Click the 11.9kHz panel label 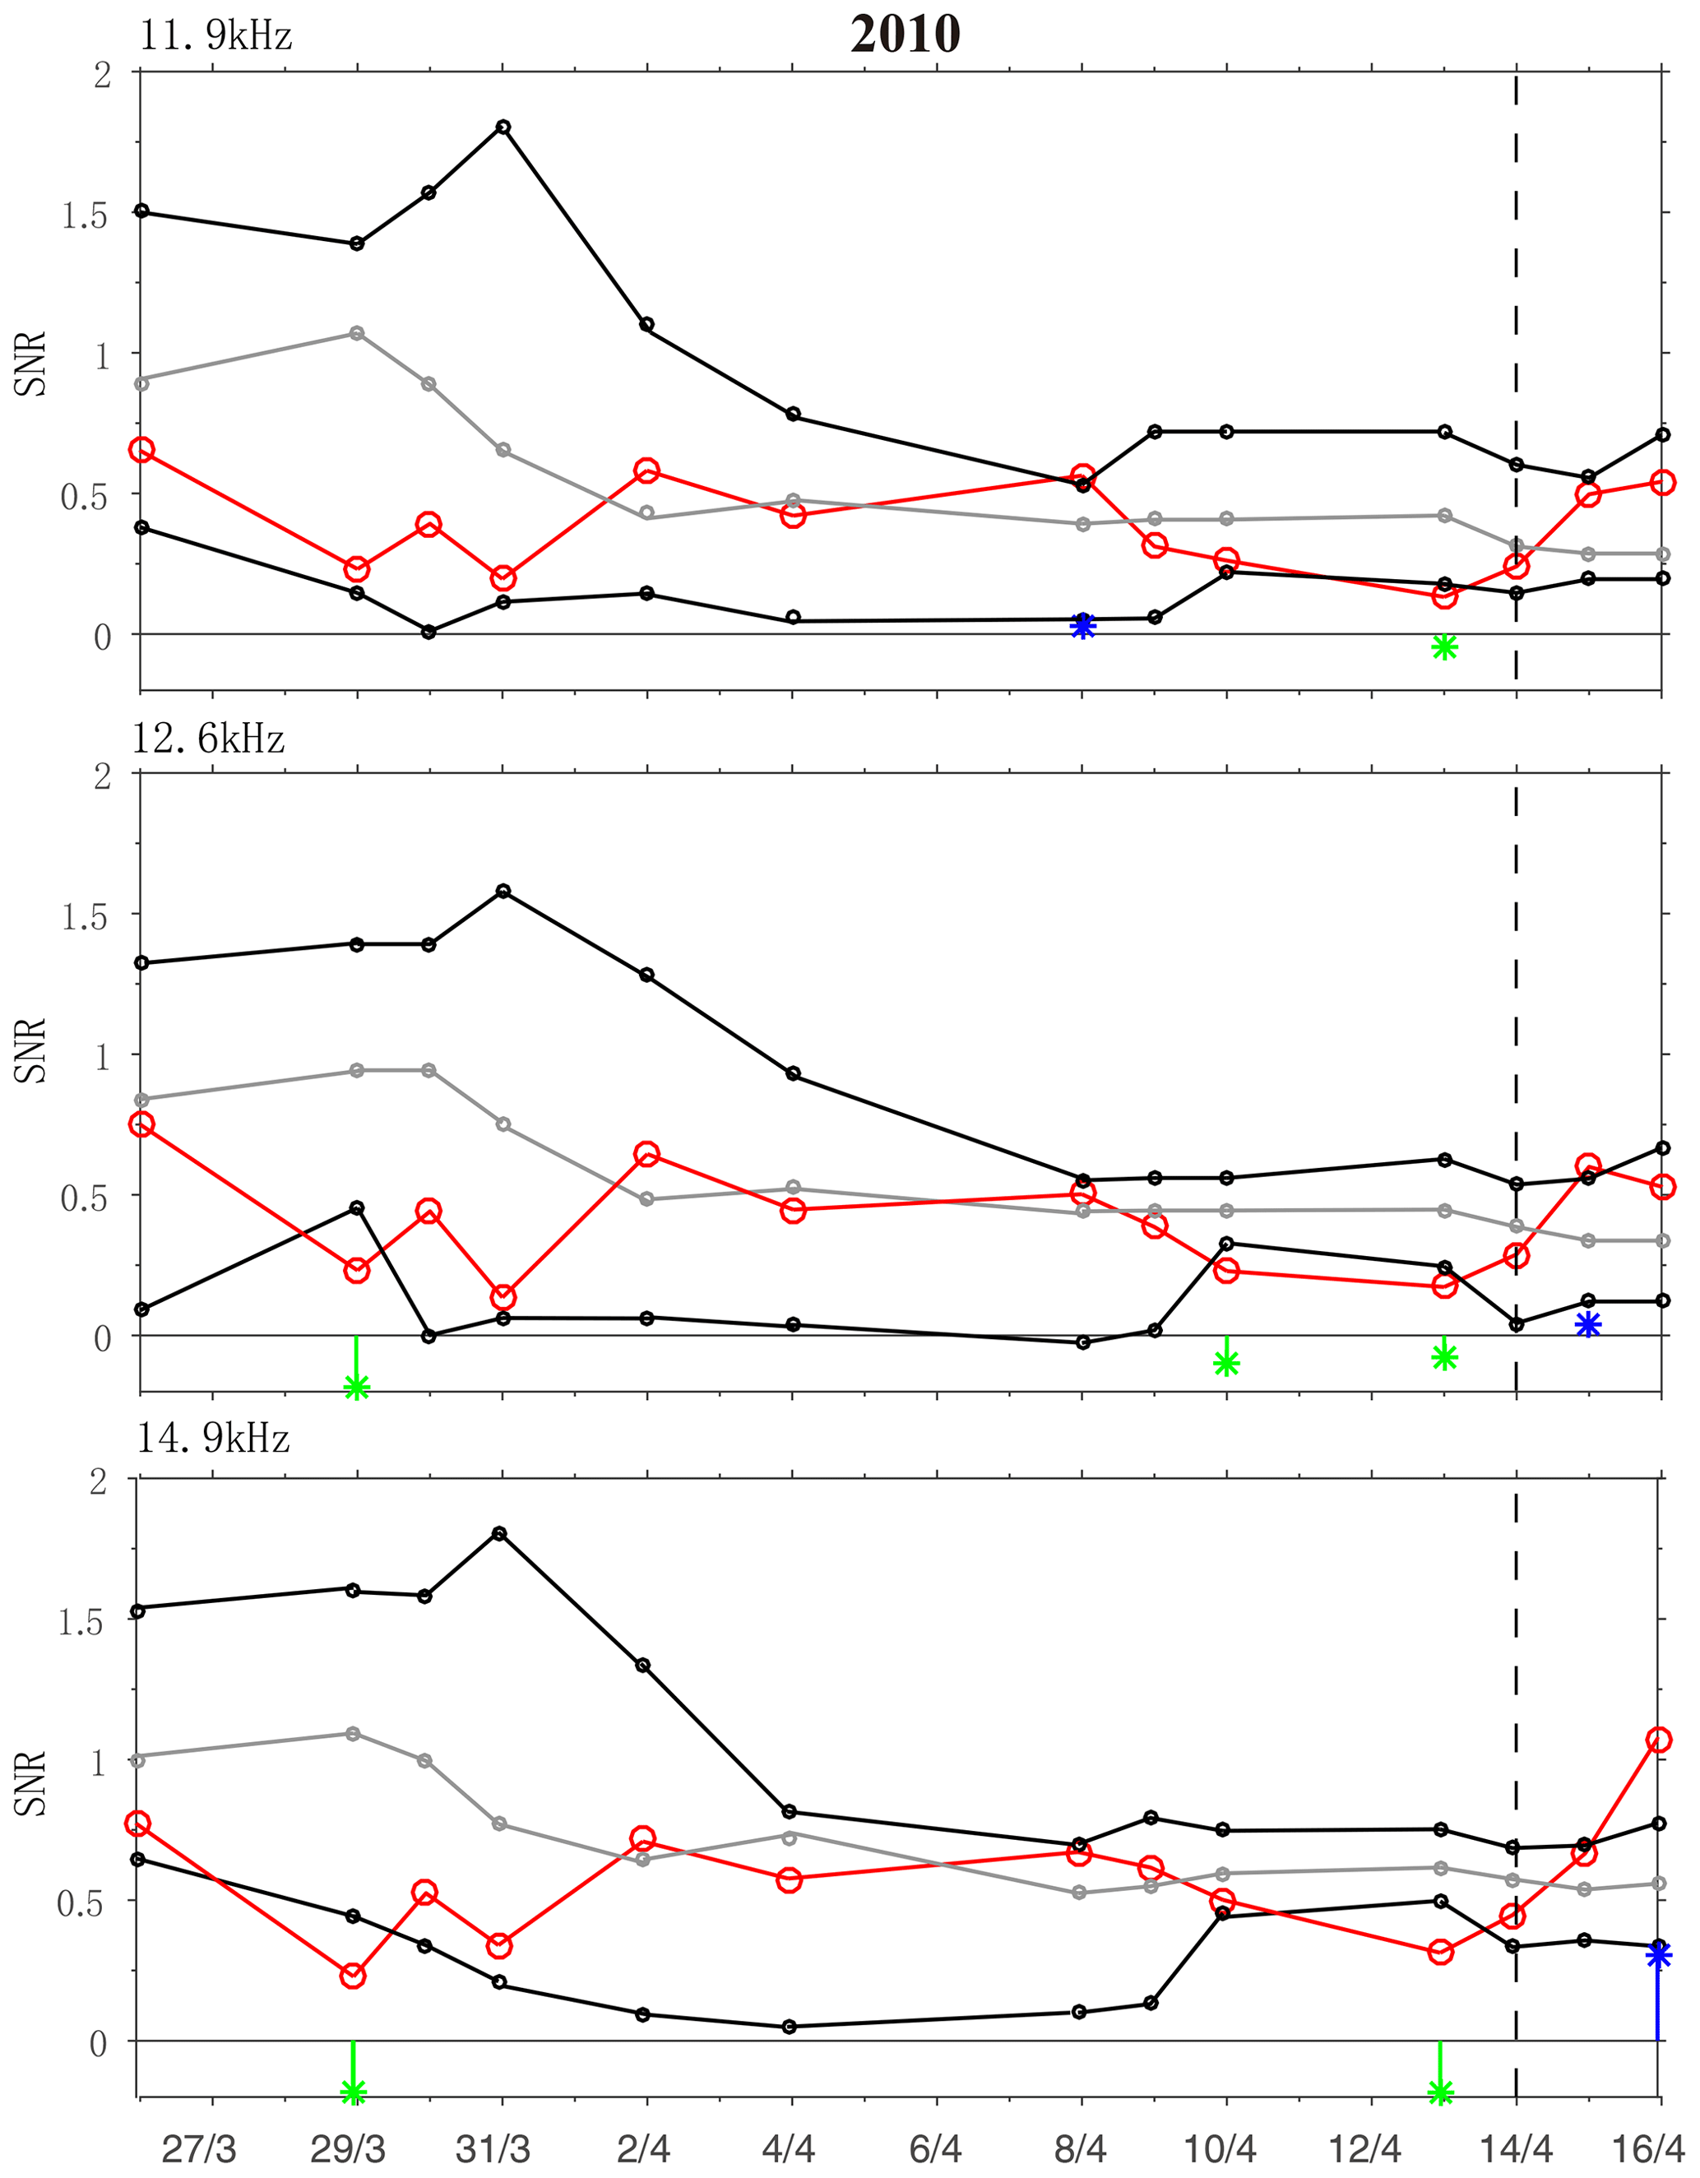click(215, 36)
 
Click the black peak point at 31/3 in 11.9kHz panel click(503, 127)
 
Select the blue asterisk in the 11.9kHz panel click(1083, 625)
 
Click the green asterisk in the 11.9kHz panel click(1443, 647)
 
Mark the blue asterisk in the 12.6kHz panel click(1588, 1324)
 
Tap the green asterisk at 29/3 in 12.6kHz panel click(356, 1388)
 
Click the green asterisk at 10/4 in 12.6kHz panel click(1226, 1362)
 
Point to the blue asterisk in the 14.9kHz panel click(1657, 1957)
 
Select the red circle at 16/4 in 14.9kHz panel click(1658, 1740)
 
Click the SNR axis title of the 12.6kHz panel click(31, 1050)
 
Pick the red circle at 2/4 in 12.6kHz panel click(646, 1155)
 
